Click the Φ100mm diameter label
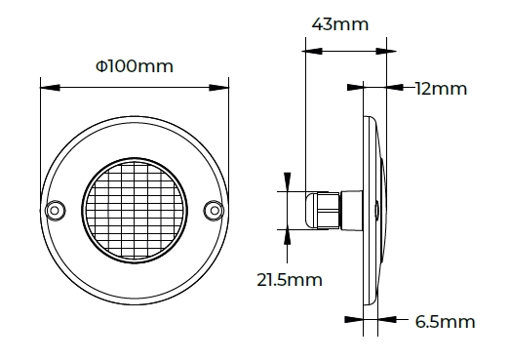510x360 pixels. pos(135,66)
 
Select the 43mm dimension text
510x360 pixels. pos(340,24)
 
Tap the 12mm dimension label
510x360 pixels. pos(441,89)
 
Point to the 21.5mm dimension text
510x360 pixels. pos(290,280)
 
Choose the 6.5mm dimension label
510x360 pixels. pos(445,322)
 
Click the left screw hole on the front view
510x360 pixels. pos(55,211)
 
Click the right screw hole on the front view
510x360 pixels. pos(215,211)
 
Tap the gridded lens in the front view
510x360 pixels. pos(135,211)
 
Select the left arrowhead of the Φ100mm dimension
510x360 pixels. pos(50,88)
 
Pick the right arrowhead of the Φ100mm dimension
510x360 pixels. pos(218,88)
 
